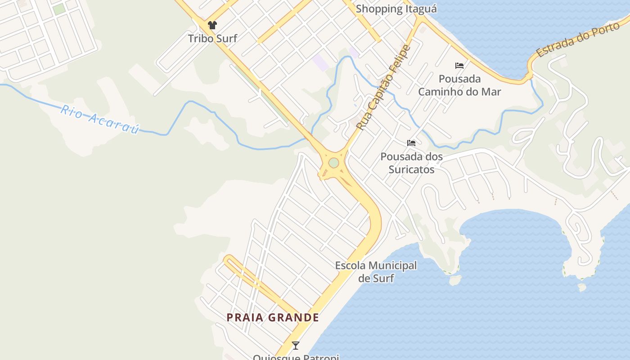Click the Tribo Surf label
tap(212, 38)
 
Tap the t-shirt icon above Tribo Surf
tap(212, 25)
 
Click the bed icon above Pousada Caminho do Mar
tap(459, 66)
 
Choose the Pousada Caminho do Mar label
tap(459, 85)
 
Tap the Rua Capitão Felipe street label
tap(383, 88)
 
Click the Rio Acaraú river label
tap(100, 119)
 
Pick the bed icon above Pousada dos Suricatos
tap(411, 143)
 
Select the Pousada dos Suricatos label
tap(411, 163)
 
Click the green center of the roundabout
tap(333, 162)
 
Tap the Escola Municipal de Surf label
tap(376, 272)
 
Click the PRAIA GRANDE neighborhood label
tap(273, 318)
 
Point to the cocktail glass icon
tap(296, 346)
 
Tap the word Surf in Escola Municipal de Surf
tap(383, 278)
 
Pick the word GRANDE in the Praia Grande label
tap(294, 318)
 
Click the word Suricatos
tap(411, 169)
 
